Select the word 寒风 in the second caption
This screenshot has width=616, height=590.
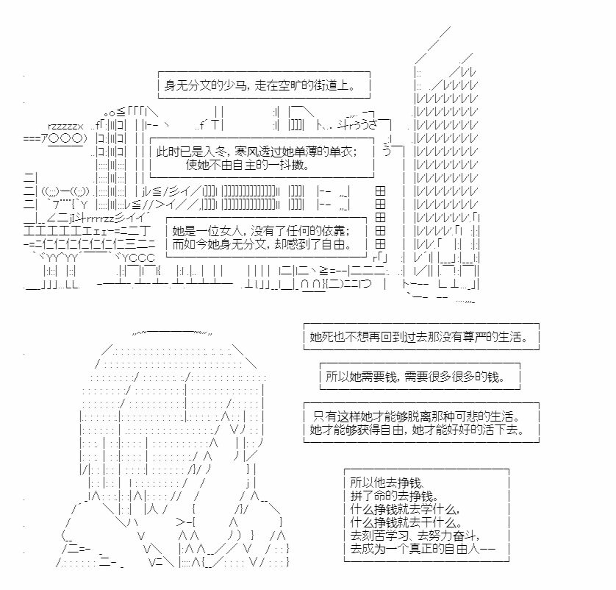246,152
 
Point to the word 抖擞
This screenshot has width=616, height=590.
292,165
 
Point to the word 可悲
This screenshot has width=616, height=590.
467,416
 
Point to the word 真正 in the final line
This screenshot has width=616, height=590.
420,549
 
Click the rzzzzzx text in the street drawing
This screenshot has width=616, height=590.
65,127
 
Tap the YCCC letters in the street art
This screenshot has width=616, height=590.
138,258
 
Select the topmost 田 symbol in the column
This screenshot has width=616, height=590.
380,191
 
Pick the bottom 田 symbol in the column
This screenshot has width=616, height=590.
380,244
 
